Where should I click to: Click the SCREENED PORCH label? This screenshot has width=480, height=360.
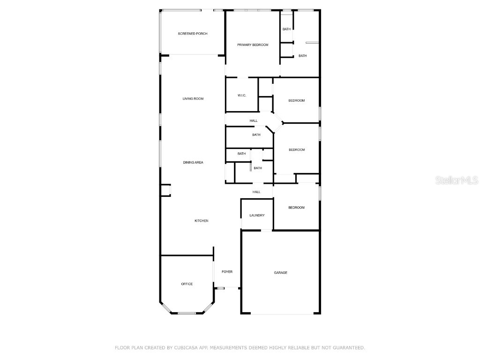192,34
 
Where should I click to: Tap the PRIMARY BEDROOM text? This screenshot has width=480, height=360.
253,45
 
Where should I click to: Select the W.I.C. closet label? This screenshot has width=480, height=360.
242,96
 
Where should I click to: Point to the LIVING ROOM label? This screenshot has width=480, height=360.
193,99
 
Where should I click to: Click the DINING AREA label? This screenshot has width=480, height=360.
193,163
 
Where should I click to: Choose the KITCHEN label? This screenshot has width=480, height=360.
202,221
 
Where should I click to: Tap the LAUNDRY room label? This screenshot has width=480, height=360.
257,216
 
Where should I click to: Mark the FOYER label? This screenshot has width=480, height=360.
227,272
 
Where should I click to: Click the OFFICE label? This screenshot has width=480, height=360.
187,284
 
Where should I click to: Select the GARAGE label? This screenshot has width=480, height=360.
281,273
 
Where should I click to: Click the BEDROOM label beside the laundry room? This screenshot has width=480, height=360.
296,208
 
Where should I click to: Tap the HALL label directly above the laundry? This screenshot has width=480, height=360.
256,192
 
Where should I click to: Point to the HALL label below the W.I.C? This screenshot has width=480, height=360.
254,121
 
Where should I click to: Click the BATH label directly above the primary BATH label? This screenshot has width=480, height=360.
286,30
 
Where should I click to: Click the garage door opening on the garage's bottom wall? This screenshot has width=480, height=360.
281,314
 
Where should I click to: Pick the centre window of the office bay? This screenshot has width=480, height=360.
187,313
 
